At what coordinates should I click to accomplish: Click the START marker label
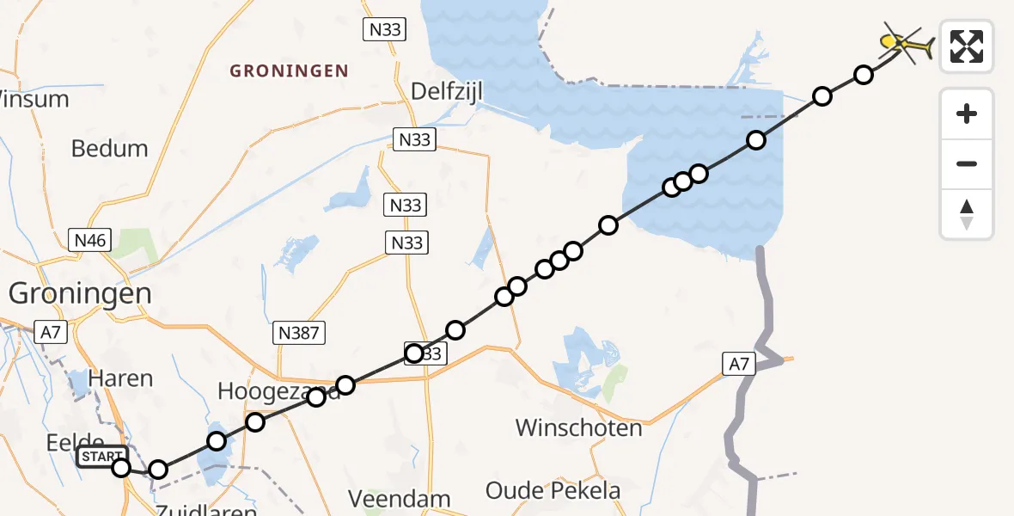(x=102, y=457)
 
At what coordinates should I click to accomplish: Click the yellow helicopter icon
(x=906, y=44)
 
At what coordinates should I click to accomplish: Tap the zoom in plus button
(x=967, y=114)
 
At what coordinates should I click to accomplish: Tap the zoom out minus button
(x=967, y=163)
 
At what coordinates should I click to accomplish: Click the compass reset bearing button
(x=967, y=214)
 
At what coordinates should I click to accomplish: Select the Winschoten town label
(x=578, y=427)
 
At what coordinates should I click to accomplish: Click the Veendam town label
(x=399, y=498)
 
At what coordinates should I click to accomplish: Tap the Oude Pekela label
(x=553, y=490)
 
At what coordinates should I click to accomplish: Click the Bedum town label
(x=109, y=148)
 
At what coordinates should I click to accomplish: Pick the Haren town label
(x=121, y=378)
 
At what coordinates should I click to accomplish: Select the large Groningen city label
(x=80, y=293)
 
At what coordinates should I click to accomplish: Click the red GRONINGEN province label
(x=289, y=71)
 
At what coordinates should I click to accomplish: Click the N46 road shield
(x=89, y=240)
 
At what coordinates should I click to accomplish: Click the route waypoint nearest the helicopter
(x=864, y=75)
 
